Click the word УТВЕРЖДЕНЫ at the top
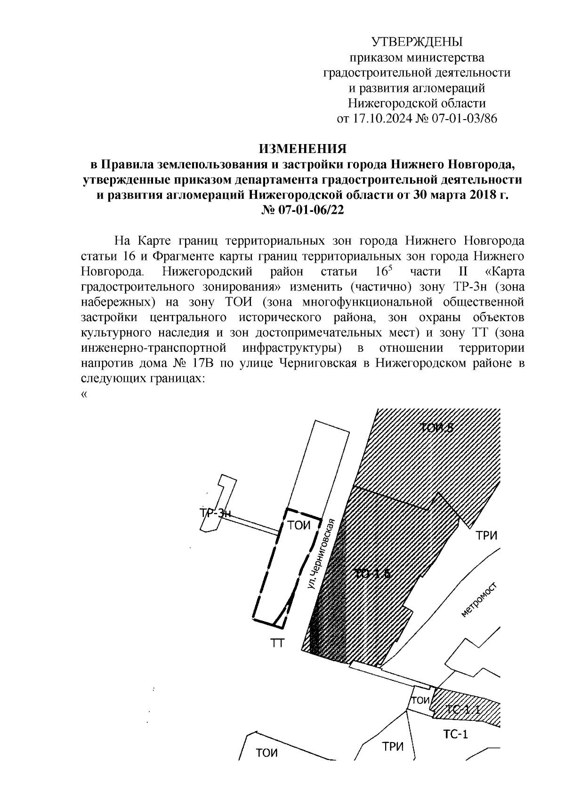click(417, 42)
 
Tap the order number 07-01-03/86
click(464, 118)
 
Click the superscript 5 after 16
click(390, 268)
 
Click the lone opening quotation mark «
click(84, 395)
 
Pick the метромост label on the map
click(479, 599)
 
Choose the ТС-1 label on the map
click(455, 734)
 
